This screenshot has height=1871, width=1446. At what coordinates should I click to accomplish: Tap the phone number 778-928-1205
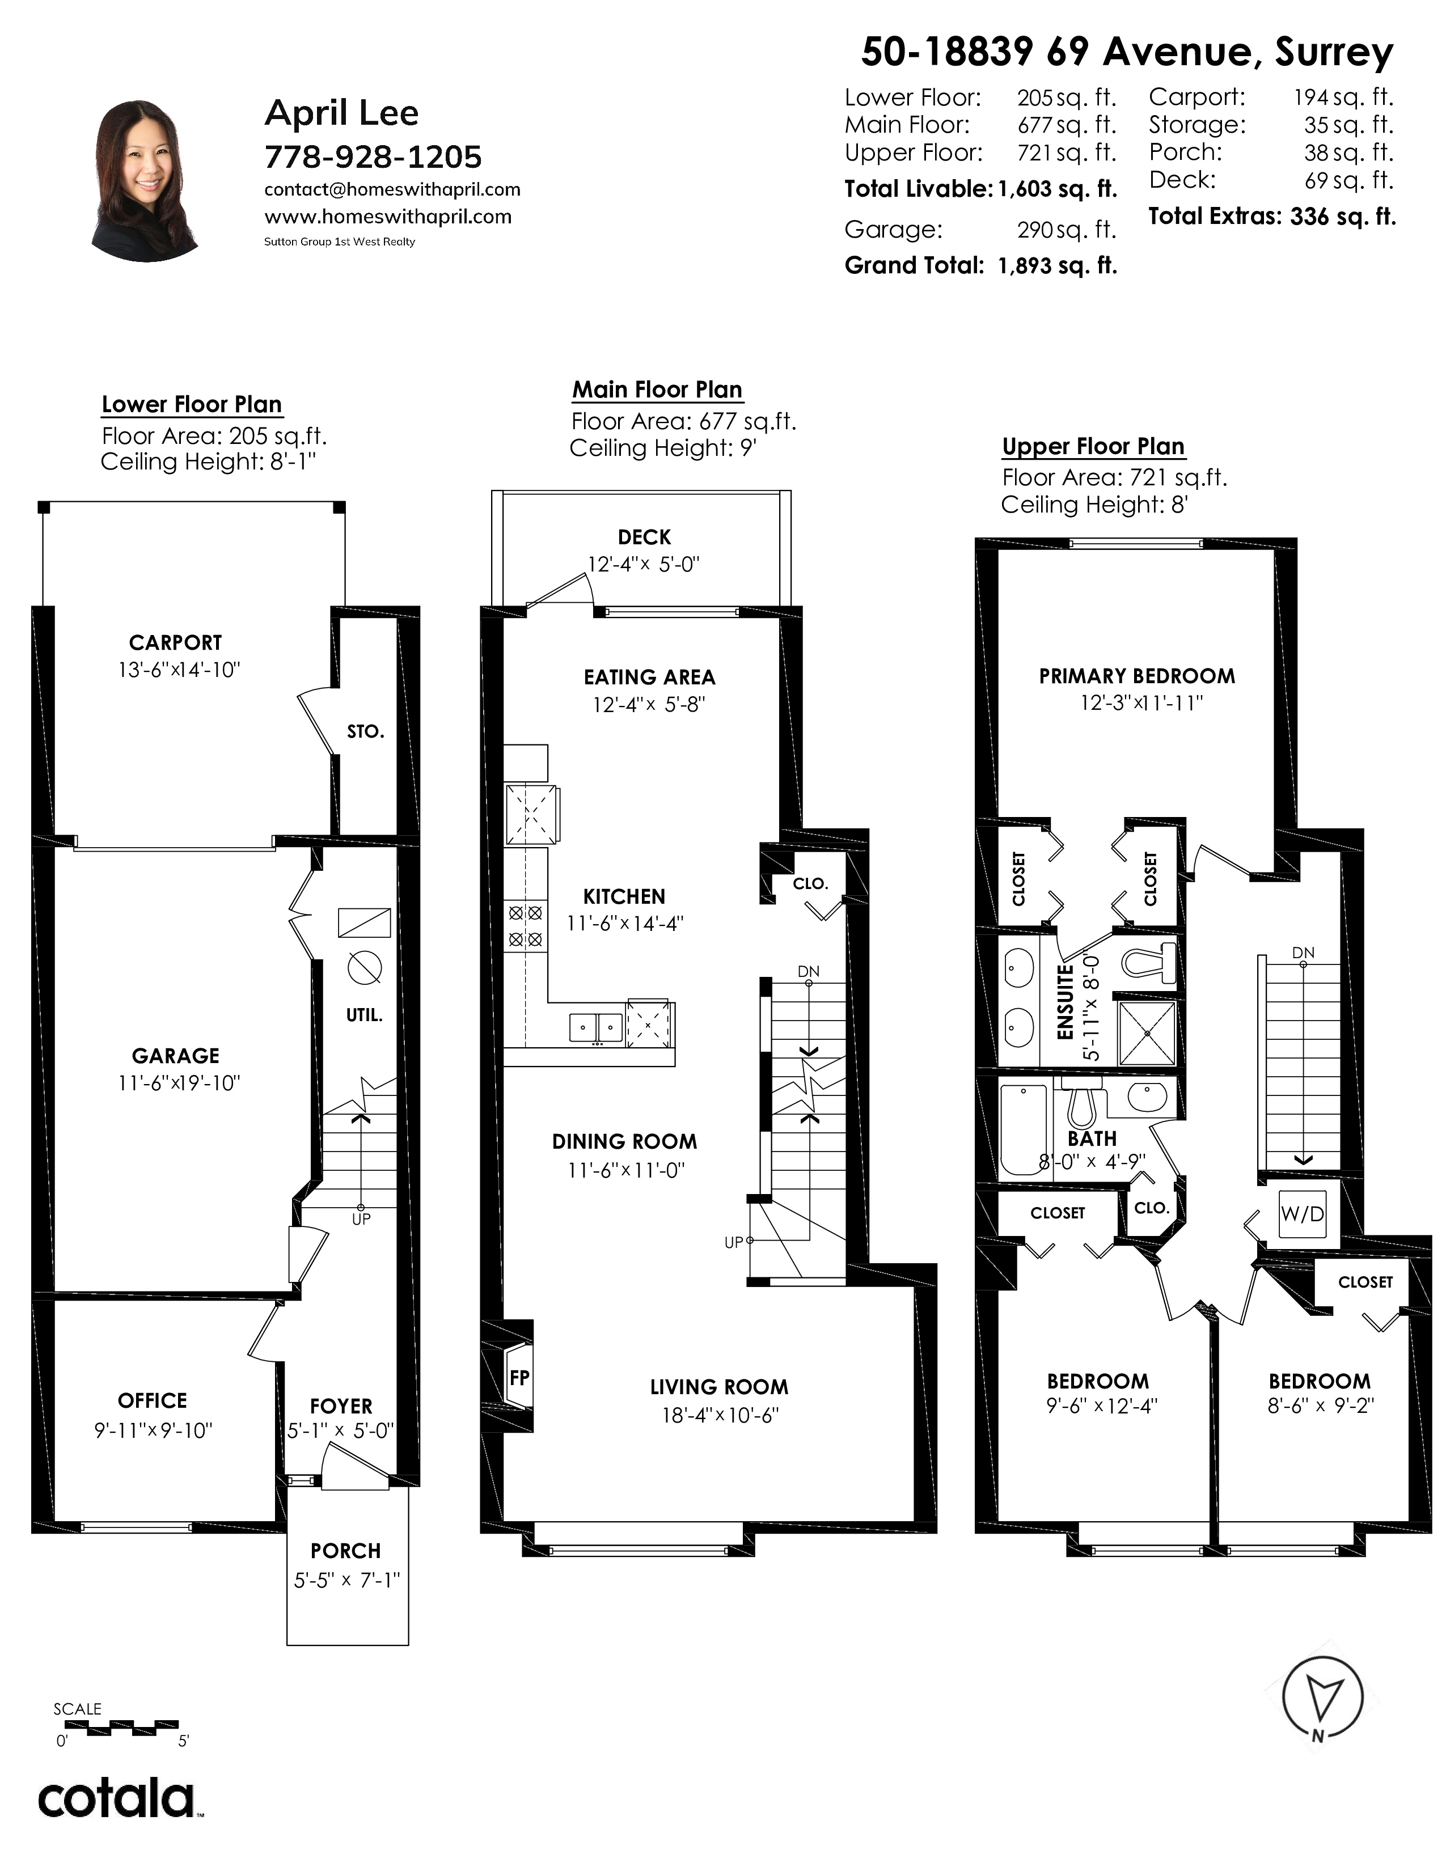[x=373, y=157]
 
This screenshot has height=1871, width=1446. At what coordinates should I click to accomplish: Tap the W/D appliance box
[x=1302, y=1213]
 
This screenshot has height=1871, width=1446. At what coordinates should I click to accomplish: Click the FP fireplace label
[x=519, y=1378]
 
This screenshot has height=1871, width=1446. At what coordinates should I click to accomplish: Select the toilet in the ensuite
[x=1148, y=962]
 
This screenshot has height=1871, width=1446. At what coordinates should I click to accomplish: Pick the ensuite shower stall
[x=1148, y=1031]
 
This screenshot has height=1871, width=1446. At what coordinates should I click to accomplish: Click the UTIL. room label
[x=364, y=1015]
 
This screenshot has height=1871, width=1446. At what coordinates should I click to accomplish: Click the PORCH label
[x=346, y=1551]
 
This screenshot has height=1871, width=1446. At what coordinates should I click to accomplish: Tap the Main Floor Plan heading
[x=657, y=390]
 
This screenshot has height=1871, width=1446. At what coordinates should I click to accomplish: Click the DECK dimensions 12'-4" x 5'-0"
[x=644, y=565]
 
